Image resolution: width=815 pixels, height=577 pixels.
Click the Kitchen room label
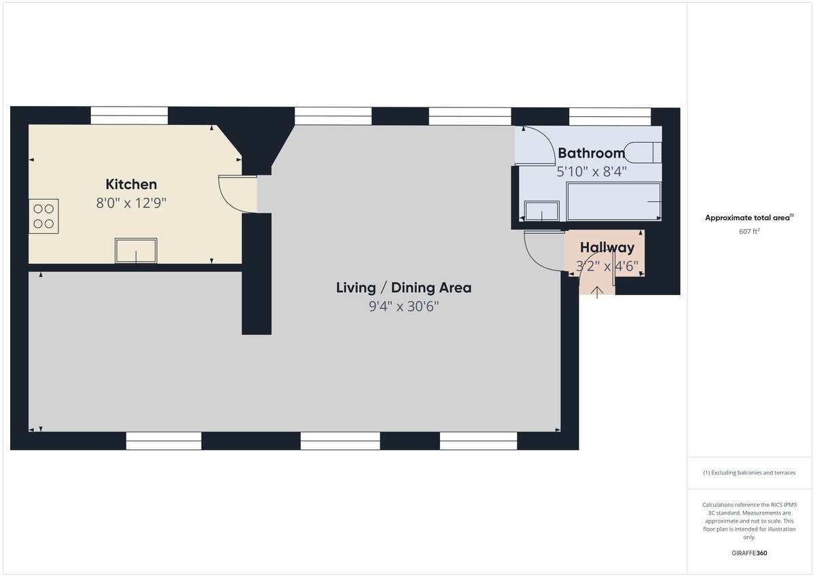point(131,184)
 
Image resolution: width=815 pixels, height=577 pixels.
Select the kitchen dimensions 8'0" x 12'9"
point(131,202)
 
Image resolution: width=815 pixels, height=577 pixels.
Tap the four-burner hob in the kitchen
point(43,216)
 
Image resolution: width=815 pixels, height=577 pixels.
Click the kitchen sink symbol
point(136,251)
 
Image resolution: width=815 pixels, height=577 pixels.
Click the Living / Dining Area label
point(403,287)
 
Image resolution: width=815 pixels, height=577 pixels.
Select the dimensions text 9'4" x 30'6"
point(403,307)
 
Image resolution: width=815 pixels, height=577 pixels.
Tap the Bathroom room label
point(591,153)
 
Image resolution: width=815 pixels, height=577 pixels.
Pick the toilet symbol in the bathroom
point(642,152)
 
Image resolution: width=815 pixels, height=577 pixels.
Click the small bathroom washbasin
point(542,211)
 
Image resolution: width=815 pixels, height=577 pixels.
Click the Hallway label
point(607,248)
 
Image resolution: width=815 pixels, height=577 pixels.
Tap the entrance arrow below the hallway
point(597,292)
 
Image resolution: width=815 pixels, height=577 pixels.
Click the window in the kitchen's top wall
point(129,116)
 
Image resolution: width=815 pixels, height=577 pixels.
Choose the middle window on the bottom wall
point(340,441)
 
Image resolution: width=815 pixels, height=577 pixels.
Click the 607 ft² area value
point(749,232)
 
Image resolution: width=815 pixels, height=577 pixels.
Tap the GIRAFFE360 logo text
point(749,553)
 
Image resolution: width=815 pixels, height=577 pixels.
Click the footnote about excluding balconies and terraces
point(749,472)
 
